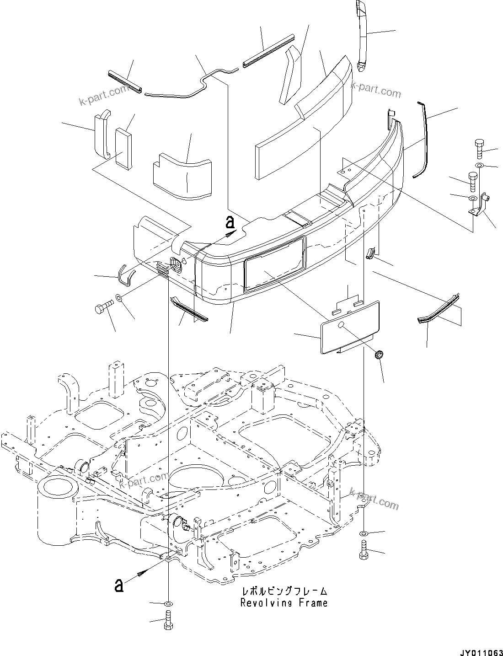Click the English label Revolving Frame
(x=284, y=603)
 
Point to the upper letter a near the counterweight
(x=230, y=222)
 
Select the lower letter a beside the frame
(x=119, y=585)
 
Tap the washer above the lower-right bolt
(x=363, y=533)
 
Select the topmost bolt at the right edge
(x=478, y=148)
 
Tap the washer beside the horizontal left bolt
(x=119, y=299)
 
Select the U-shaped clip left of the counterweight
(x=126, y=275)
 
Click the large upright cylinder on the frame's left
(x=59, y=508)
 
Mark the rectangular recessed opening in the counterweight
(x=274, y=263)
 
